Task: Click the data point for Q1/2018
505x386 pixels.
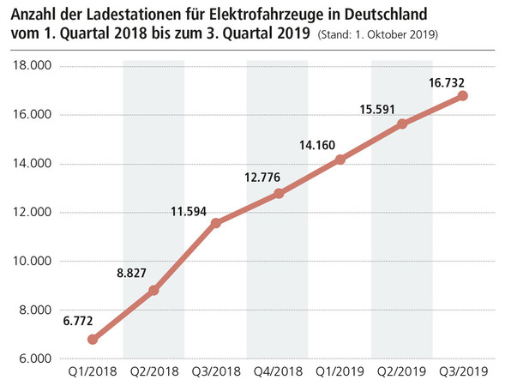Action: point(93,339)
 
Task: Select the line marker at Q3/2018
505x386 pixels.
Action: point(216,223)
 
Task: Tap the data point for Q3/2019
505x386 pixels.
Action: point(463,96)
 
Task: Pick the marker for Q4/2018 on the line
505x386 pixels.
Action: point(279,194)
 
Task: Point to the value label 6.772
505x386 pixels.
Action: point(80,322)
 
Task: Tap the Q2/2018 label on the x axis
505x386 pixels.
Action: point(154,371)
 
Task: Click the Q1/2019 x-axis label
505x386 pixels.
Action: point(340,371)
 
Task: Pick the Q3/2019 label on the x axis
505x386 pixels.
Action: point(464,371)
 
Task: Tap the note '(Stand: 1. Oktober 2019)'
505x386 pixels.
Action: point(378,36)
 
